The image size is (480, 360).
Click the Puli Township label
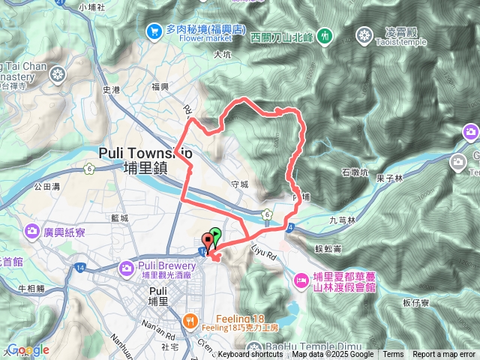click(145, 152)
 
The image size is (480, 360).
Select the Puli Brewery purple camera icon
click(125, 266)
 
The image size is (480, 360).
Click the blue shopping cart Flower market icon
click(154, 31)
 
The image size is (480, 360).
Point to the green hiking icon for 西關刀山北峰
click(324, 34)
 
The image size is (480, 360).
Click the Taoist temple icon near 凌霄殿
click(364, 34)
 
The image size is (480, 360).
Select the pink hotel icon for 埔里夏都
click(300, 280)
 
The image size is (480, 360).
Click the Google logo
click(28, 350)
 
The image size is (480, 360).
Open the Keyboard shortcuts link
click(250, 355)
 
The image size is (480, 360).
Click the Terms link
click(393, 355)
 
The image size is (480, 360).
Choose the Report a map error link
click(445, 355)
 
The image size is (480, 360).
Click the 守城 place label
click(240, 184)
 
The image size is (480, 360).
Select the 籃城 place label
click(119, 217)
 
